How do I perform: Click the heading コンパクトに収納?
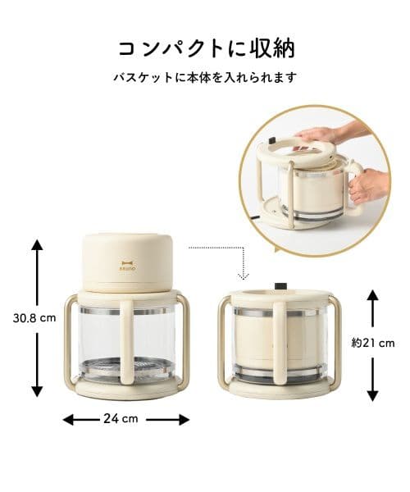coord(206,48)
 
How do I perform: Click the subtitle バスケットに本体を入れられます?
coord(205,79)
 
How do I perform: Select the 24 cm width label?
coord(125,419)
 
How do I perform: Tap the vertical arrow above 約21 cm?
coord(373,310)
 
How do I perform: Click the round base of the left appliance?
coord(127,386)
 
